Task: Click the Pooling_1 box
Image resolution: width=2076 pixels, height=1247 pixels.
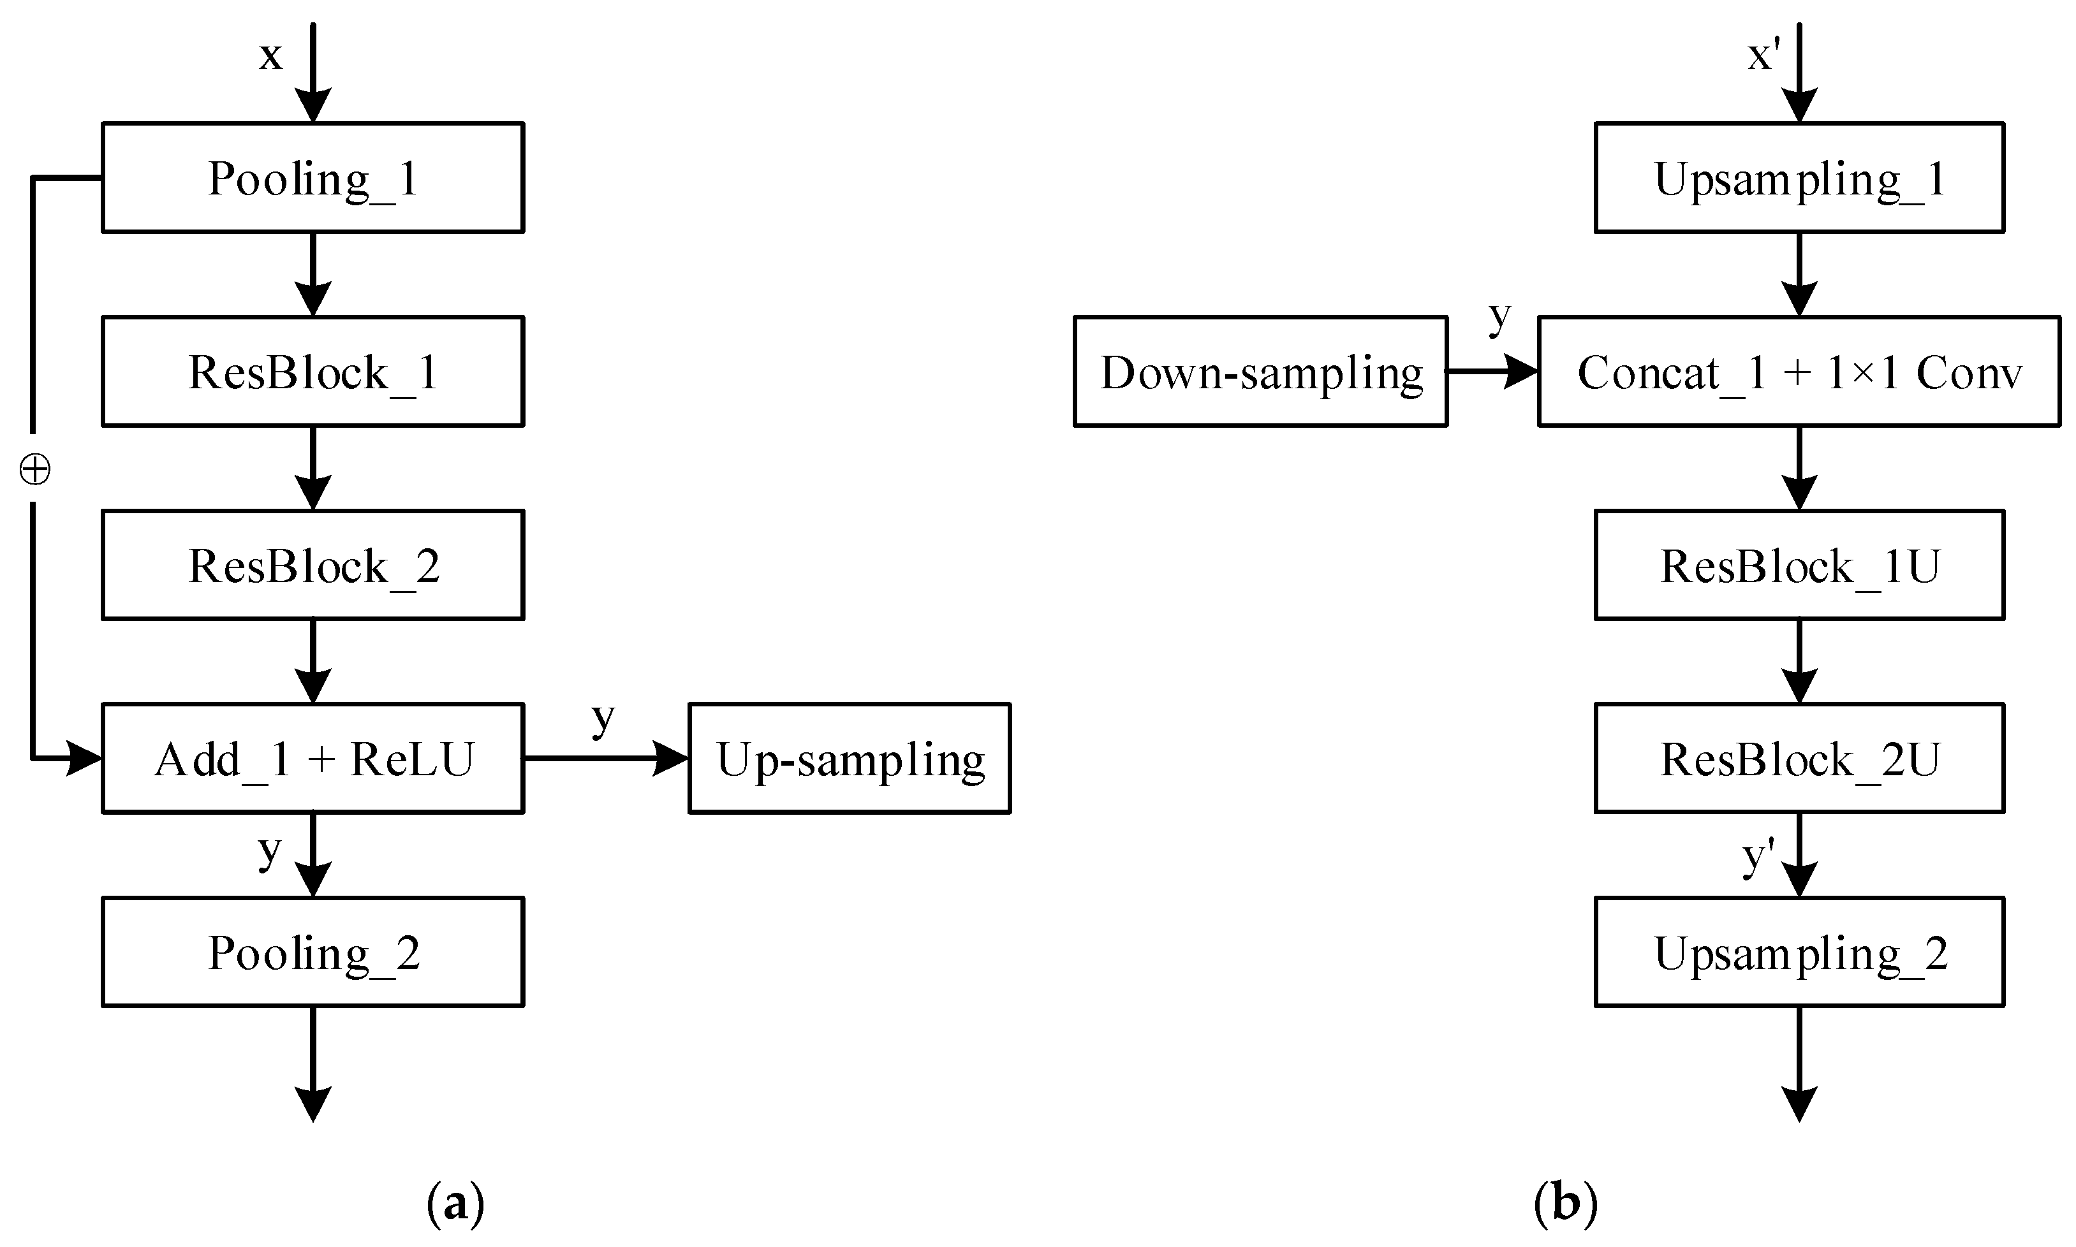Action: [x=313, y=177]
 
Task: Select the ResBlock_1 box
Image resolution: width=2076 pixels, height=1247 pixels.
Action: [x=313, y=372]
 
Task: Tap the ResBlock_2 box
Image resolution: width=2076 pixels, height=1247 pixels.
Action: [x=313, y=565]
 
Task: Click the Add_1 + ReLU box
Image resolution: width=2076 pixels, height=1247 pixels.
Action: [x=313, y=758]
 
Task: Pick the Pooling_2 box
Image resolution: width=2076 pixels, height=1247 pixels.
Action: [x=313, y=951]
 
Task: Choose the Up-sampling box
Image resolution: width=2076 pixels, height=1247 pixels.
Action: [x=849, y=758]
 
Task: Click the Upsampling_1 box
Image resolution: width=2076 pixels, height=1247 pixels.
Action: [x=1799, y=177]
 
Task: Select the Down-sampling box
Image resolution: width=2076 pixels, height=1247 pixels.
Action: [x=1260, y=372]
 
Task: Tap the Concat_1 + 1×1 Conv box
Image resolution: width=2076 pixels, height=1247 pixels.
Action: [x=1799, y=372]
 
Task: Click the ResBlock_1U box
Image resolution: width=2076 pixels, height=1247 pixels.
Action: [x=1799, y=565]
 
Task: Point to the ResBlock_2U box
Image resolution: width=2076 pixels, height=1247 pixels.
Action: [x=1799, y=758]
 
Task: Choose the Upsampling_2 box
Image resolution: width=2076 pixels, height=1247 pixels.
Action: [x=1799, y=951]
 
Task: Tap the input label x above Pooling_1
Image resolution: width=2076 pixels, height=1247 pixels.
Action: [x=270, y=55]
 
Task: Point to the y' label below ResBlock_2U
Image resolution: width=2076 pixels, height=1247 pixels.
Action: [x=1758, y=857]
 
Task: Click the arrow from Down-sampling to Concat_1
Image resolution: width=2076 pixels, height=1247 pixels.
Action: [x=1492, y=372]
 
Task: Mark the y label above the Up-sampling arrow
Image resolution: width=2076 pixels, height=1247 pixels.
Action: [x=603, y=718]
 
